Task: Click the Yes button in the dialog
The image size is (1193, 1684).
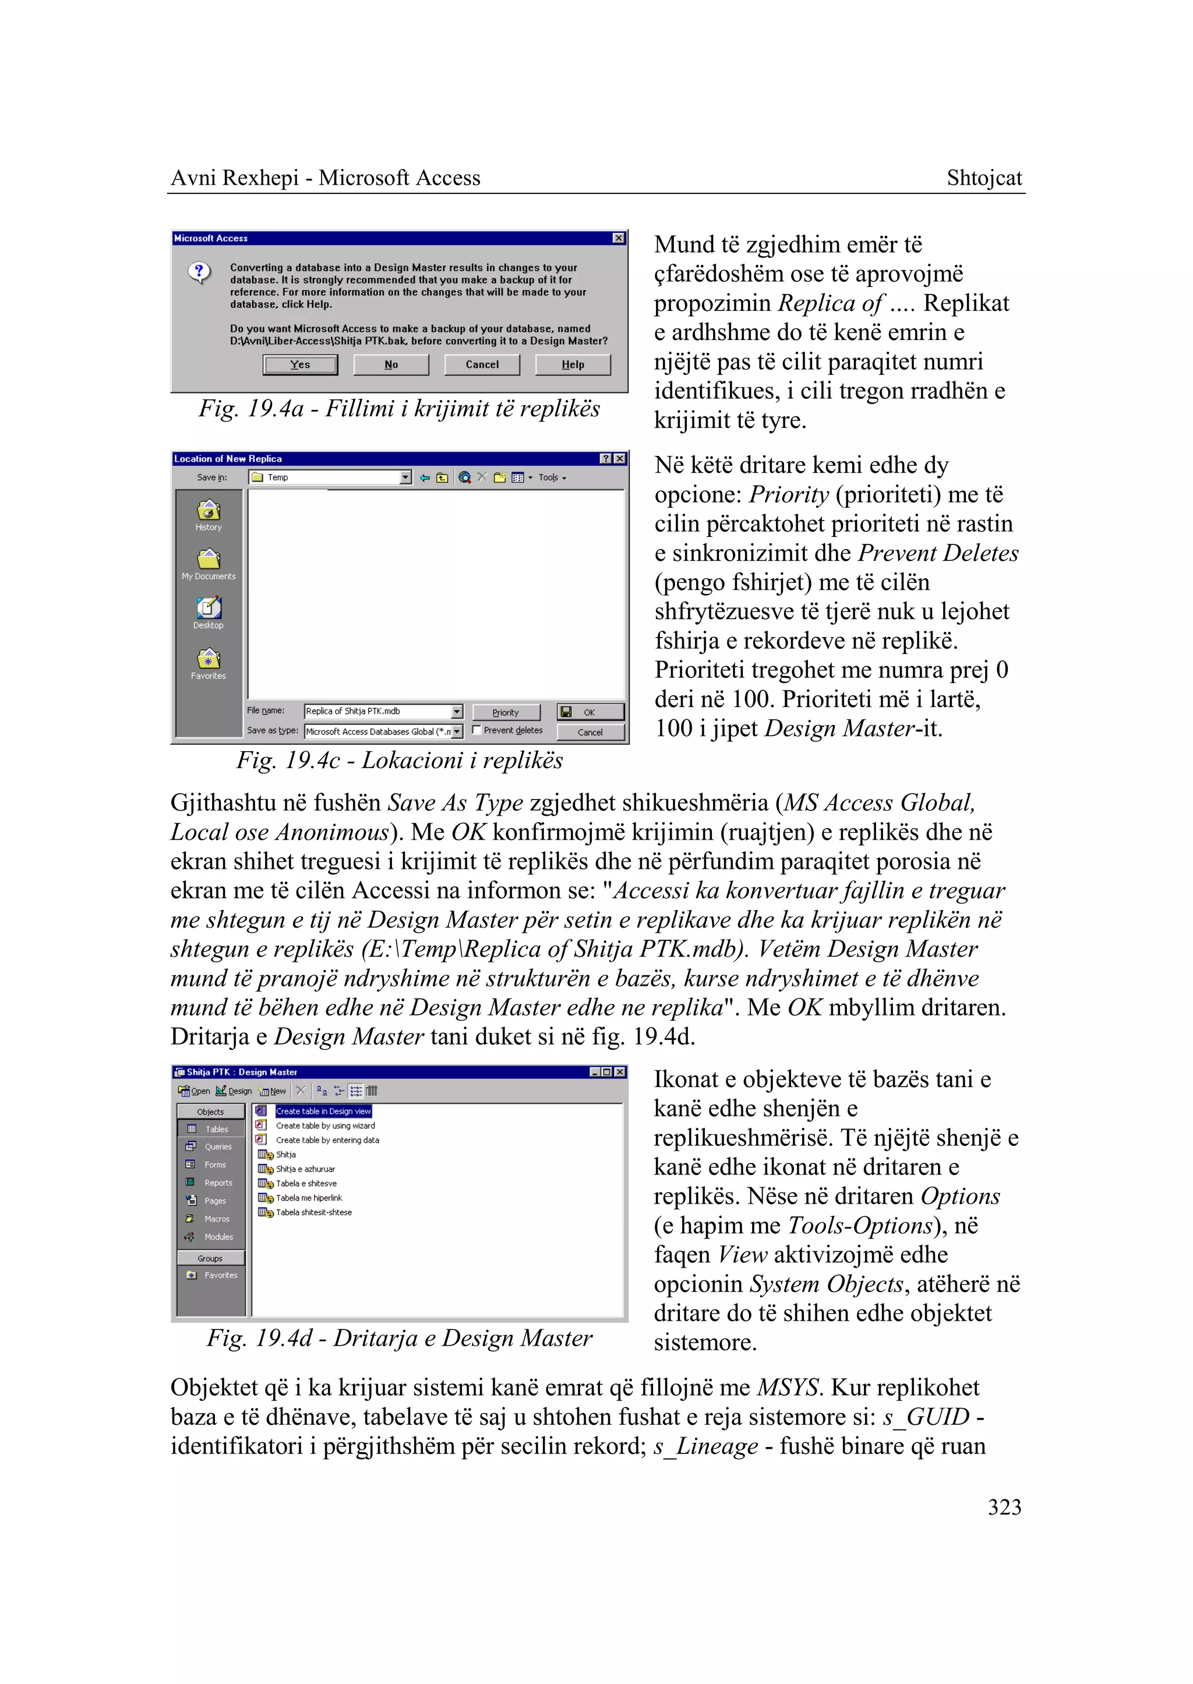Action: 300,365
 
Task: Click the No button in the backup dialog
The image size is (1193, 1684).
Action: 391,365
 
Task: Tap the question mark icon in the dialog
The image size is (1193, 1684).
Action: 198,272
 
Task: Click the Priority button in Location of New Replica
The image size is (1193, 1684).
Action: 506,712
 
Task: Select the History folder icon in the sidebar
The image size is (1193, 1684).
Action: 209,514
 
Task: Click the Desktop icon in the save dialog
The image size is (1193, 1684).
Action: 209,613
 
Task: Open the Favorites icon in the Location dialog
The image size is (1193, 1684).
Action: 209,663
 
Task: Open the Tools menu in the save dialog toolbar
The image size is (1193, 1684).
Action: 551,477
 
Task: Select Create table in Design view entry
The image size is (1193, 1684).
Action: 323,1111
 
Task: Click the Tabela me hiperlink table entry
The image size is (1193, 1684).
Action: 309,1198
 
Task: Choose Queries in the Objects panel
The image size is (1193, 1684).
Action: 217,1147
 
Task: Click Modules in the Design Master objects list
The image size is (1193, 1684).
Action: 218,1237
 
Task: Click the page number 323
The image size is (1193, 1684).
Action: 1004,1507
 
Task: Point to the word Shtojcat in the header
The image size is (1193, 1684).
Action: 984,178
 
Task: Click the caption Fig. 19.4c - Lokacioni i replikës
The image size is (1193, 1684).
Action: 399,760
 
